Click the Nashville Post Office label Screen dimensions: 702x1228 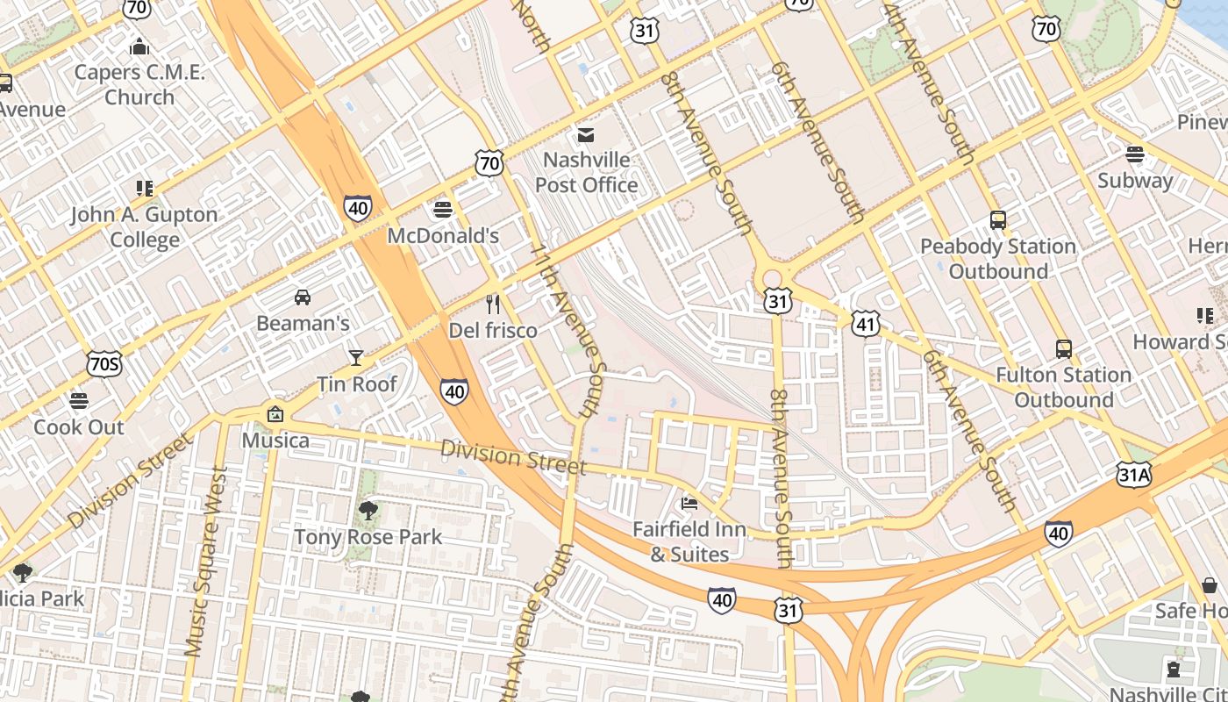pos(586,173)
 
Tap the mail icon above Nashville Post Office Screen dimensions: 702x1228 pos(585,134)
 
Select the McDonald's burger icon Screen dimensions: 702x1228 pos(443,210)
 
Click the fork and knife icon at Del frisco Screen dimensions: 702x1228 pos(493,304)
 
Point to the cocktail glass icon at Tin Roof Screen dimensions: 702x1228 pos(355,357)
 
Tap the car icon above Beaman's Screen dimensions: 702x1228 pos(303,297)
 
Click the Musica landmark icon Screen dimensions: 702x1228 pos(275,414)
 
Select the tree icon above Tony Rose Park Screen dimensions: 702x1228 pos(368,510)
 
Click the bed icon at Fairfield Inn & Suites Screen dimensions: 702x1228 pos(689,503)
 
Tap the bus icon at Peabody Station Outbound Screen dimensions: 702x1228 pos(997,220)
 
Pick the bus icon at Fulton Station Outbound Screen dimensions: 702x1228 pos(1063,349)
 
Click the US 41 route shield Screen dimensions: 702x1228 pos(865,324)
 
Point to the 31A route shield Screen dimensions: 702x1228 pos(1133,476)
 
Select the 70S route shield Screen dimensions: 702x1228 pos(104,363)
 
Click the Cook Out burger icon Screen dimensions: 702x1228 pos(79,401)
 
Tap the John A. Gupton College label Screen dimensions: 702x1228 pos(145,227)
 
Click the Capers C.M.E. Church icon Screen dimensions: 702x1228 pos(139,47)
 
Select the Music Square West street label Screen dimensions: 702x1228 pos(206,562)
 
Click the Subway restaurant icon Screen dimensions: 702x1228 pos(1135,154)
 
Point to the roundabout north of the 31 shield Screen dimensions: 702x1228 pos(772,279)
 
